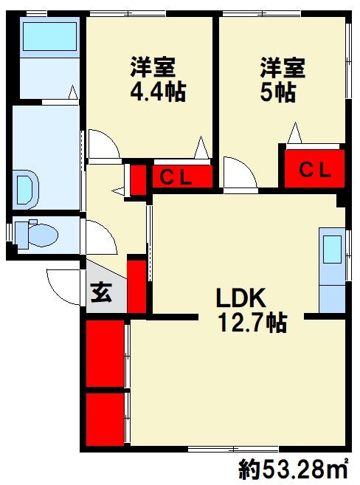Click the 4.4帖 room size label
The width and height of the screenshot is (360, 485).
tap(158, 92)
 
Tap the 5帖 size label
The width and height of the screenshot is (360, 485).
tap(278, 92)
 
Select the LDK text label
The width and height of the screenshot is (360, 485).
tap(241, 298)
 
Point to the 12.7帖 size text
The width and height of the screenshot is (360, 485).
tap(252, 323)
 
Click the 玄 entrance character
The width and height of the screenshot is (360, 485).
tap(101, 293)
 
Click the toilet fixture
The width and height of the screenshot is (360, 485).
tap(36, 235)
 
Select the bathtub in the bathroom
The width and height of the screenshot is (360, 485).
tap(49, 36)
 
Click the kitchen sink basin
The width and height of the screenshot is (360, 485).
tap(332, 250)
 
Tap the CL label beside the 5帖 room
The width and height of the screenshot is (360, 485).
tap(315, 170)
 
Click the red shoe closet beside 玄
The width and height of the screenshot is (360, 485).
tap(136, 286)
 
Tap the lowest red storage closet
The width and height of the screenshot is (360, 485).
tap(105, 419)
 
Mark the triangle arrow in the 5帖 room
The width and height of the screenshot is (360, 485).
tap(295, 133)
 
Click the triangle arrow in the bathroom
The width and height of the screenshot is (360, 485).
tap(73, 92)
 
